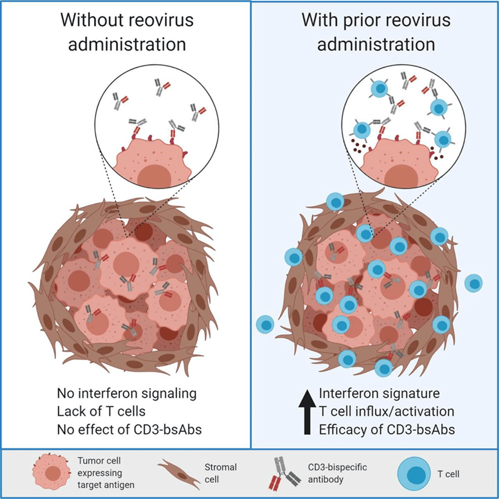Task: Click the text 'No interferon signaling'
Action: click(127, 394)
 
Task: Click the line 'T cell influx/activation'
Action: click(385, 411)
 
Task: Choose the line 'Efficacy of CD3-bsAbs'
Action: click(380, 429)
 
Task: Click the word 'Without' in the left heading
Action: click(96, 21)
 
